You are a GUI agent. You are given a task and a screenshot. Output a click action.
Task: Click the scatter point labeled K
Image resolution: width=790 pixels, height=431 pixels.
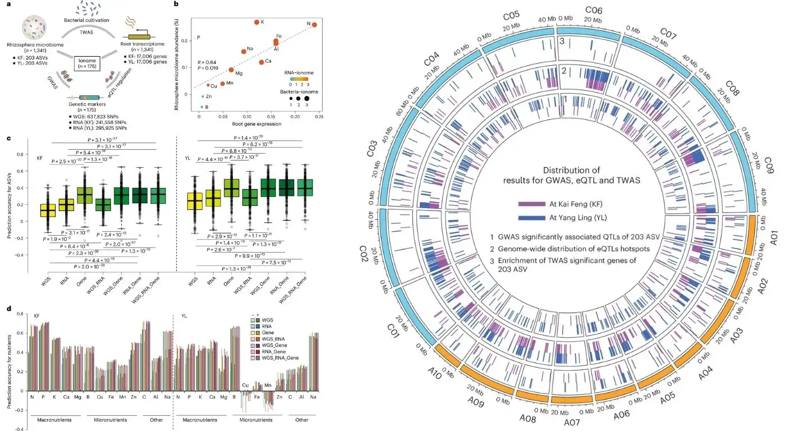tap(256, 22)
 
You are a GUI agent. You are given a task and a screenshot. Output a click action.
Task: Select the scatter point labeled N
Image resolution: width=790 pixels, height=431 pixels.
tap(314, 25)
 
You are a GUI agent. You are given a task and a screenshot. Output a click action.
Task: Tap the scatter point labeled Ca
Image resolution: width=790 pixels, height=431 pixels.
tap(261, 62)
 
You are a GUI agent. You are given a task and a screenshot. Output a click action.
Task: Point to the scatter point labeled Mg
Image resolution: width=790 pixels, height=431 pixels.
tap(231, 70)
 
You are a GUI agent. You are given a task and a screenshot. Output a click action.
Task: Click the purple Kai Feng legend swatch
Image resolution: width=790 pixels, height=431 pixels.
tap(536, 205)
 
